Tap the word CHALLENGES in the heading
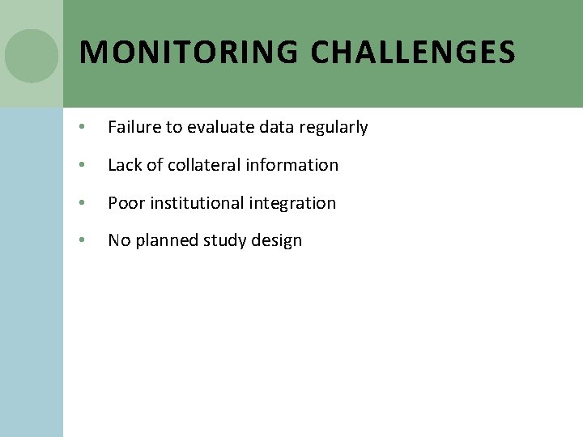pyautogui.click(x=413, y=53)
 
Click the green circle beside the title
pyautogui.click(x=32, y=56)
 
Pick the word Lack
pyautogui.click(x=125, y=165)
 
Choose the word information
pyautogui.click(x=292, y=165)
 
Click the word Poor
pyautogui.click(x=126, y=203)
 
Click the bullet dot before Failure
pyautogui.click(x=83, y=128)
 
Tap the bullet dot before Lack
pyautogui.click(x=83, y=166)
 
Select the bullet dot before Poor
pyautogui.click(x=83, y=203)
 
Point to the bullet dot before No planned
pyautogui.click(x=83, y=241)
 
